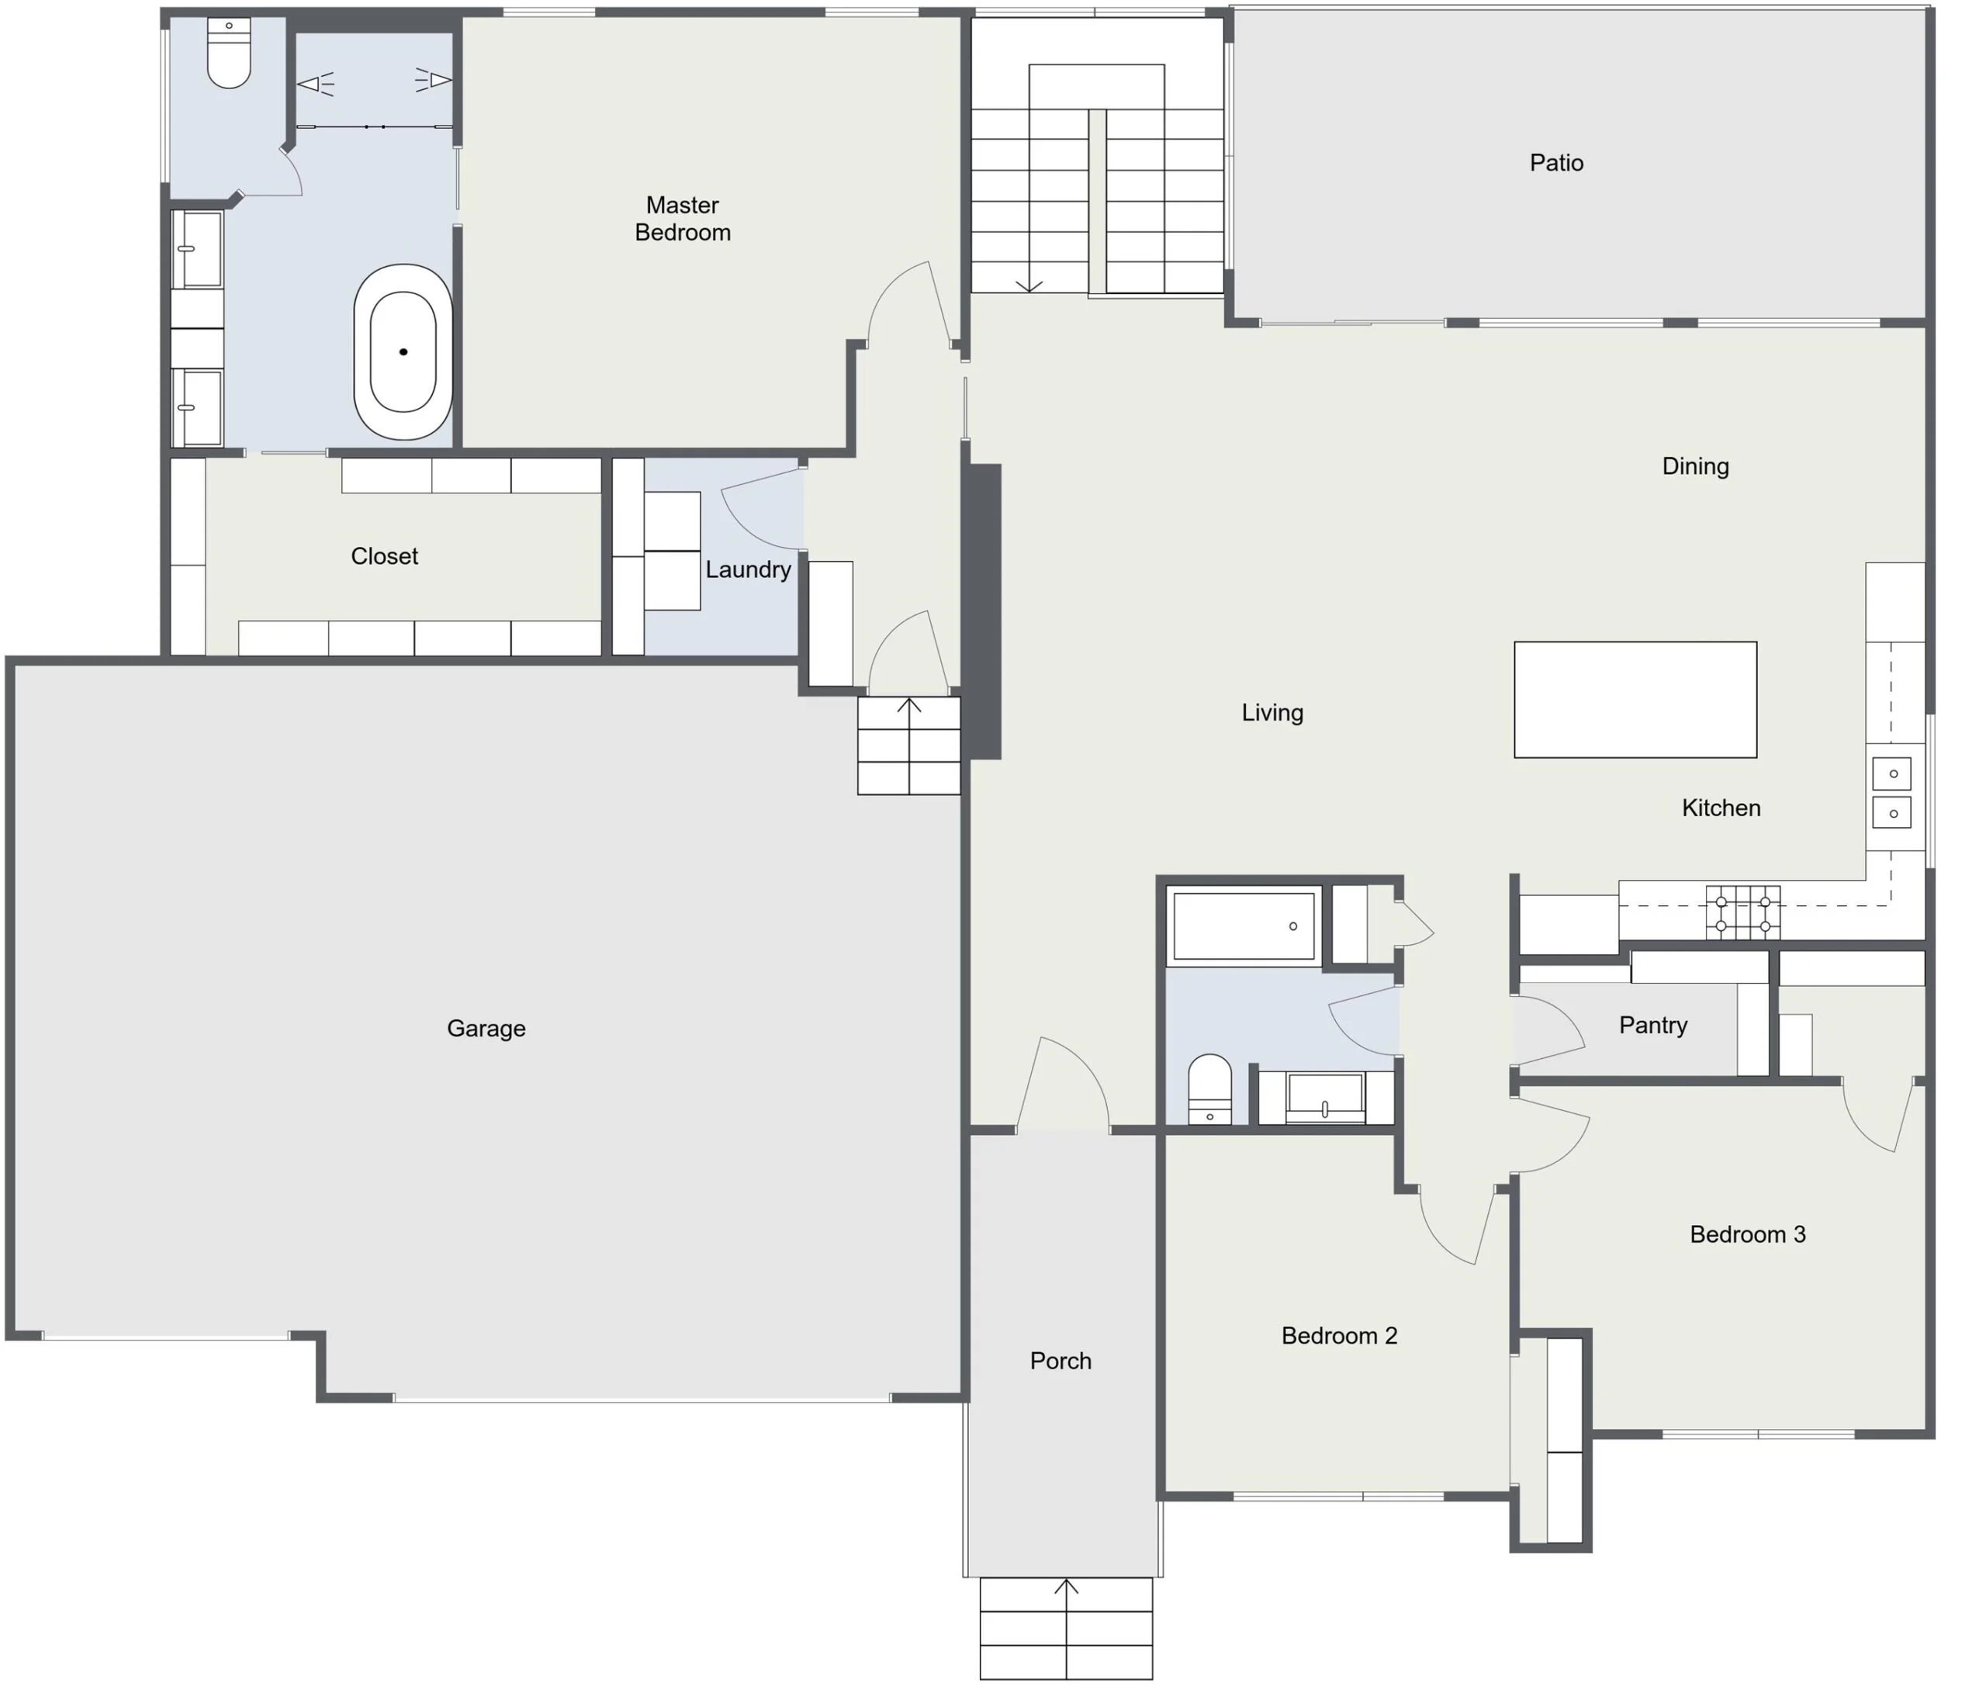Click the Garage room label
coord(486,1029)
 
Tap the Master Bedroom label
coord(682,219)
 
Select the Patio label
coord(1556,162)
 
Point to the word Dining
coord(1694,466)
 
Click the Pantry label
coord(1652,1025)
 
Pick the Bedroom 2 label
coord(1338,1335)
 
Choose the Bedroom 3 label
coord(1747,1234)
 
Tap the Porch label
coord(1060,1360)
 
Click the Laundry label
coord(748,569)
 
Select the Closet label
coord(384,556)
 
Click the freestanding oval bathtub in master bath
coord(403,351)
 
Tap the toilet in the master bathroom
coord(230,53)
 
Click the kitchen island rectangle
coord(1635,699)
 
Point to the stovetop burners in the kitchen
coord(1742,913)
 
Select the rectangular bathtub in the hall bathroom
coord(1243,926)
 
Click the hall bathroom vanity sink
coord(1325,1098)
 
